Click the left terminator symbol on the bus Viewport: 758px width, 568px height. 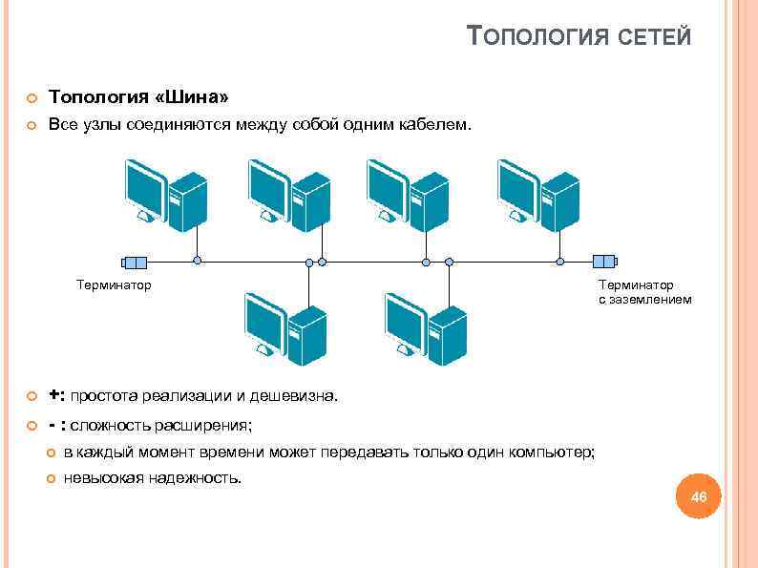point(134,261)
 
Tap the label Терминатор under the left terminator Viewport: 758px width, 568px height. point(115,284)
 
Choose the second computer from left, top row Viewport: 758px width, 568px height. point(288,195)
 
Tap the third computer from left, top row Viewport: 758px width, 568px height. point(408,195)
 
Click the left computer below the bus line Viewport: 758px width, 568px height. point(285,328)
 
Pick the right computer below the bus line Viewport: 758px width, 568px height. point(425,328)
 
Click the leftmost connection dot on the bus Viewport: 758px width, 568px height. point(198,261)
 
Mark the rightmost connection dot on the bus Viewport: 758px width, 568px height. point(561,261)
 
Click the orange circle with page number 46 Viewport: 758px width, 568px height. point(699,497)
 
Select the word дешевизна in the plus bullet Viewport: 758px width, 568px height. point(294,395)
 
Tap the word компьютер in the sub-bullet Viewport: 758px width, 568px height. point(552,452)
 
